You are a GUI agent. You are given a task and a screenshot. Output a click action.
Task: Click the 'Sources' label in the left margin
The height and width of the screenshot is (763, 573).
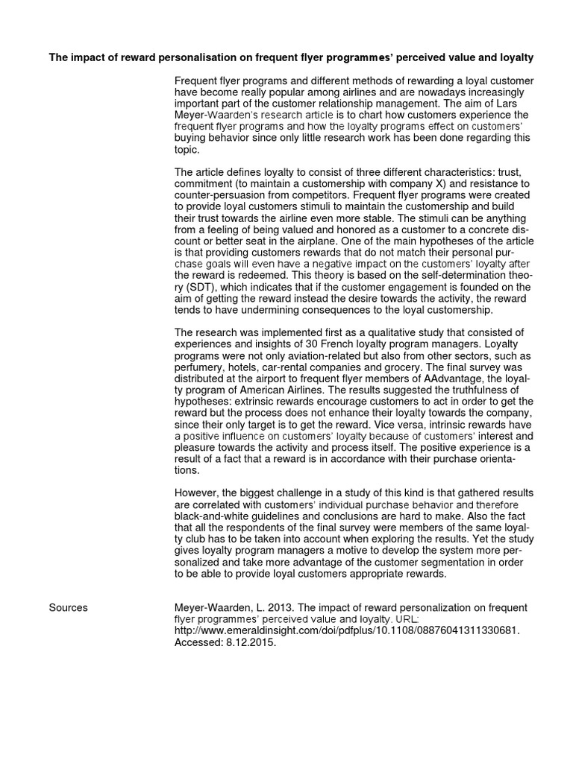point(68,607)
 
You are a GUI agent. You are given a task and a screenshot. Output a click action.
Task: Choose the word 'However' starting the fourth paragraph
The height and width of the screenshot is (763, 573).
point(195,493)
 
